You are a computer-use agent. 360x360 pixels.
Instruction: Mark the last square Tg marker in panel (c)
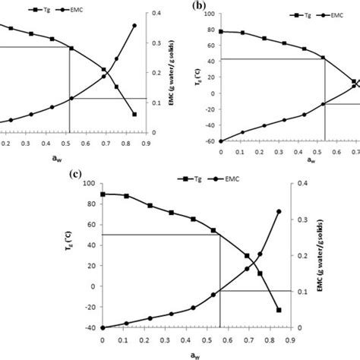click(279, 310)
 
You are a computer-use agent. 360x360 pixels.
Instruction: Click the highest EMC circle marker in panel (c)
click(279, 212)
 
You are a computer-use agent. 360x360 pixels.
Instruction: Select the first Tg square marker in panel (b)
click(221, 31)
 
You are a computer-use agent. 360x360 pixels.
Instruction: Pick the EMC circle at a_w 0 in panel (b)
click(221, 141)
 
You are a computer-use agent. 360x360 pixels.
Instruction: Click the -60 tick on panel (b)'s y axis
click(210, 141)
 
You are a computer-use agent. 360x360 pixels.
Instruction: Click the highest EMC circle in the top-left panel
click(134, 26)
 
